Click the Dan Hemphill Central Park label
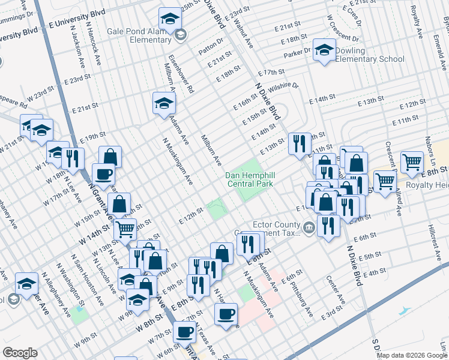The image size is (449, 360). pos(249,179)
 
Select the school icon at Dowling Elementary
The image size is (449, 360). pos(324,51)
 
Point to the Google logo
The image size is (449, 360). pos(20,353)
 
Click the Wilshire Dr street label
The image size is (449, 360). pos(283,86)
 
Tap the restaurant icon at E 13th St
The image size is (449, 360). pos(299,143)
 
